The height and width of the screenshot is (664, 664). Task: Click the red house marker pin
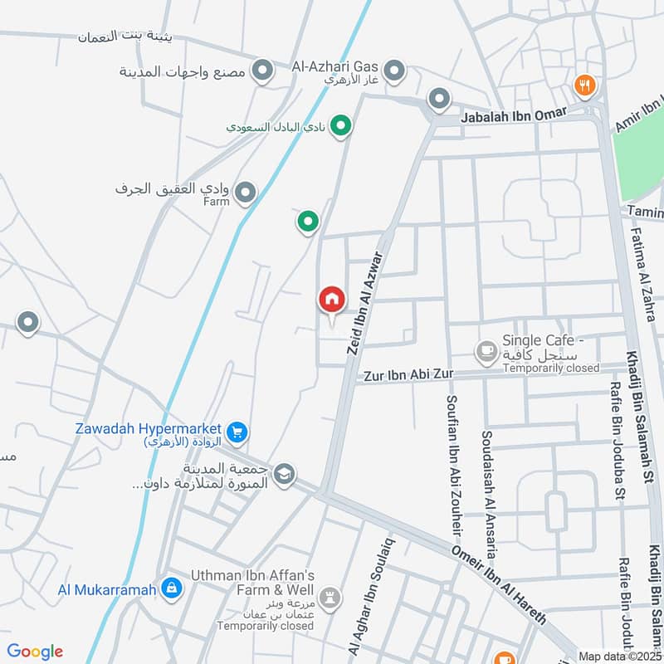[x=331, y=300]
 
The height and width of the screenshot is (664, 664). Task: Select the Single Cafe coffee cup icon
[x=486, y=353]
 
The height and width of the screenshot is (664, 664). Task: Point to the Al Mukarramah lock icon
[x=171, y=588]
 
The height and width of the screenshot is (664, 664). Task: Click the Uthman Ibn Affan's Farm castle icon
[x=330, y=598]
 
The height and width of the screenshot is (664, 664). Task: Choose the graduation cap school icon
[x=285, y=474]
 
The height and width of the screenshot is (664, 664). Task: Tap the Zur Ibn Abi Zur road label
[x=408, y=374]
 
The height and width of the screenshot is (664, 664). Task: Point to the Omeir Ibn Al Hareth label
[x=498, y=586]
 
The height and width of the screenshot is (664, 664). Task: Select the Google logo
[x=35, y=651]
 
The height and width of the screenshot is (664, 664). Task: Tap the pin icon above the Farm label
[x=245, y=193]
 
